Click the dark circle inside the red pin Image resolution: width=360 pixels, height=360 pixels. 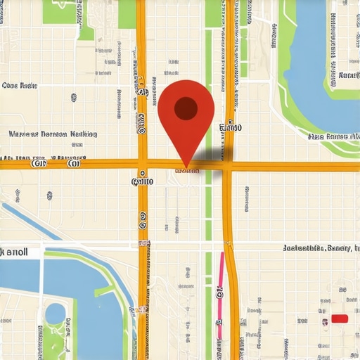tap(186, 108)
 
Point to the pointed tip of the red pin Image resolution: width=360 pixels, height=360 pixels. tap(186, 167)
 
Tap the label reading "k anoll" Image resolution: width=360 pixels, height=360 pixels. tap(15, 251)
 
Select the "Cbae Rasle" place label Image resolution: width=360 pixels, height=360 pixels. tap(20, 86)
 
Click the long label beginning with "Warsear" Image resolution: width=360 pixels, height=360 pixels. tap(53, 134)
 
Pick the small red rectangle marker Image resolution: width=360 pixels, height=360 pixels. tap(340, 319)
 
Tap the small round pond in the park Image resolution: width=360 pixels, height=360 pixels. tap(54, 314)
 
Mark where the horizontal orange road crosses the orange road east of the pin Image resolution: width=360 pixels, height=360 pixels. tap(229, 167)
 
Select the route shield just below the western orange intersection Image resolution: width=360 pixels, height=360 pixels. tap(142, 181)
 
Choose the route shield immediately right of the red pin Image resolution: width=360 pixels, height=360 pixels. tap(230, 128)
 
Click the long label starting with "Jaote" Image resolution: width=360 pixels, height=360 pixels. tap(320, 248)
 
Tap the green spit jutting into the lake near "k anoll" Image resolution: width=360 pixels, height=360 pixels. tap(105, 289)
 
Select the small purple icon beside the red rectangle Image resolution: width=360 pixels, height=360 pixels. tap(324, 322)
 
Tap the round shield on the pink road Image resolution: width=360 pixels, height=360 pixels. tap(219, 289)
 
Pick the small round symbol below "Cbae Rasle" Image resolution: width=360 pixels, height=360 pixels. tap(73, 98)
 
